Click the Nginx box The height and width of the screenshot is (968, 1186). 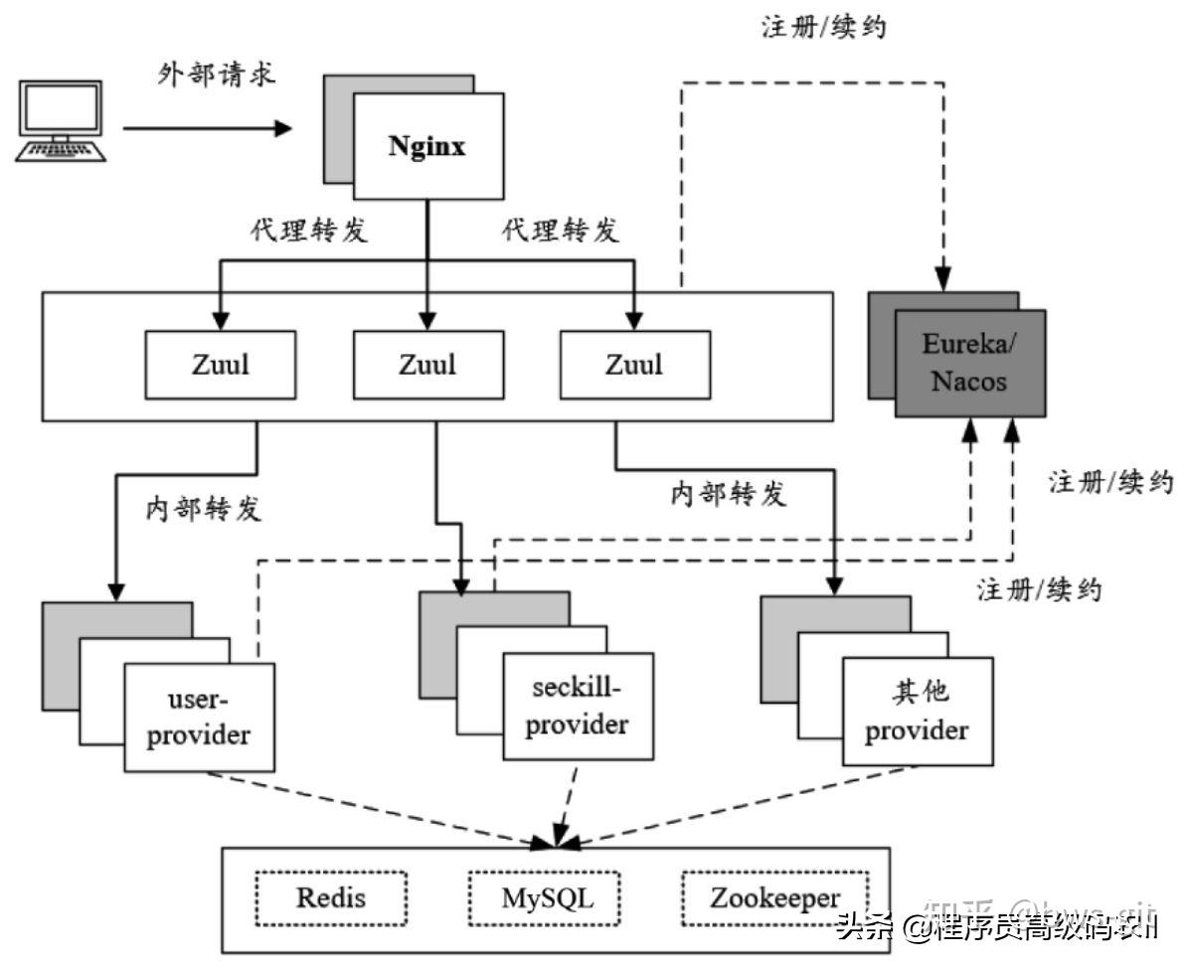427,147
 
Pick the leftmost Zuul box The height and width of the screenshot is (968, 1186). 220,364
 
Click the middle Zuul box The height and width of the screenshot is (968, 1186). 427,364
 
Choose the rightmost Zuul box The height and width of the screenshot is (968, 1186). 634,364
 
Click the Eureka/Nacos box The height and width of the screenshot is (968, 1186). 969,363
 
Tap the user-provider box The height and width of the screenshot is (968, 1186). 199,718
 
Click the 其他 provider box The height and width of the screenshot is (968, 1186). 917,712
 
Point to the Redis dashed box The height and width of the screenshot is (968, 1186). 331,899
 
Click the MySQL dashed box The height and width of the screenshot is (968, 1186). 545,899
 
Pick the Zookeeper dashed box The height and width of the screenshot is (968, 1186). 774,899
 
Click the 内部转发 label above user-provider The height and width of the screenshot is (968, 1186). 204,509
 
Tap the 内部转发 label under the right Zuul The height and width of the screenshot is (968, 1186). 728,493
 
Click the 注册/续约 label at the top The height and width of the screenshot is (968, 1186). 823,27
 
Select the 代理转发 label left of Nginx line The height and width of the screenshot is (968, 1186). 309,231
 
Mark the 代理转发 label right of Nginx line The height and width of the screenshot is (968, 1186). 561,231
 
